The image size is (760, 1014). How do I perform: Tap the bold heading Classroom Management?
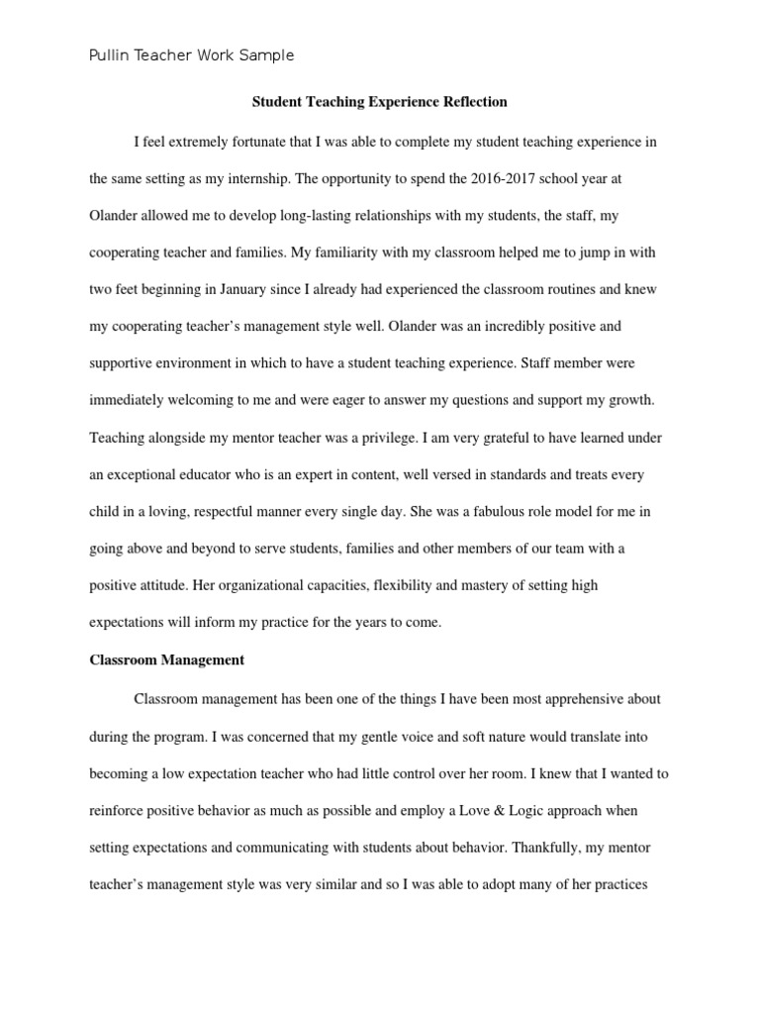pos(166,659)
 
